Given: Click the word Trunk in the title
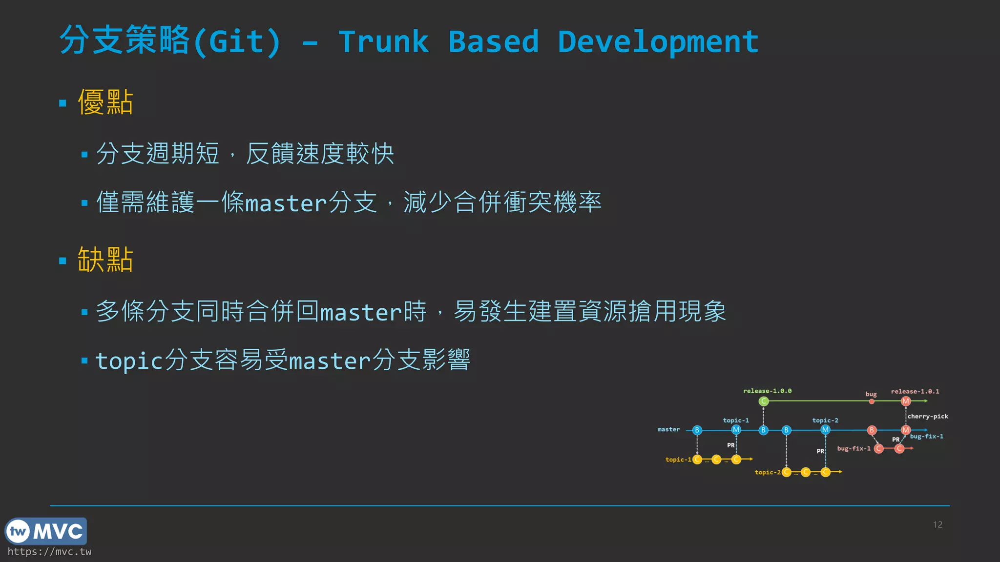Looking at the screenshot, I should pyautogui.click(x=384, y=42).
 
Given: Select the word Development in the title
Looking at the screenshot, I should pyautogui.click(x=658, y=42).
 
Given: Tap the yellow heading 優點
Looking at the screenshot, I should pyautogui.click(x=105, y=102).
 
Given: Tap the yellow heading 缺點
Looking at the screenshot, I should pyautogui.click(x=105, y=260).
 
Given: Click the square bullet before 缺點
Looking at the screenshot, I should pyautogui.click(x=62, y=261).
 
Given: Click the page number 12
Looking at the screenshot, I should pyautogui.click(x=937, y=524).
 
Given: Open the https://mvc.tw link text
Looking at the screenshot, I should pyautogui.click(x=49, y=552).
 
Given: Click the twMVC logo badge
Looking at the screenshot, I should pyautogui.click(x=46, y=531).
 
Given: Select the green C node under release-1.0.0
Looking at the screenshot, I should pyautogui.click(x=764, y=401).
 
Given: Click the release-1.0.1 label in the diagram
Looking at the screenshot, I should pyautogui.click(x=915, y=391).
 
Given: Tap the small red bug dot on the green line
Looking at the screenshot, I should pyautogui.click(x=872, y=401).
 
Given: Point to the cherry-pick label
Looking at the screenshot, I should pyautogui.click(x=927, y=416).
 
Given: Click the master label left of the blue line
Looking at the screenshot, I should pyautogui.click(x=668, y=429).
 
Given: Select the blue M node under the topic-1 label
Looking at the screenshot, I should pyautogui.click(x=736, y=430).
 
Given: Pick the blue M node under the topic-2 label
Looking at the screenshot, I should pyautogui.click(x=825, y=430).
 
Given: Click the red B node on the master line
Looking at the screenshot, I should pyautogui.click(x=872, y=430).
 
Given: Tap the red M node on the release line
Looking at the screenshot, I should pyautogui.click(x=906, y=401).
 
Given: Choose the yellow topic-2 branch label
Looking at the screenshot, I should pyautogui.click(x=767, y=472).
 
